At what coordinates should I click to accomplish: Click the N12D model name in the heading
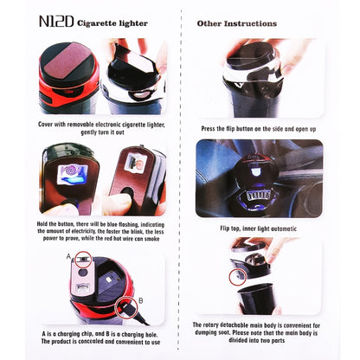click(x=56, y=22)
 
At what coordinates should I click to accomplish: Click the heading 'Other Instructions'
click(x=237, y=23)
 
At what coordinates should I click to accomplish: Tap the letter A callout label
click(x=68, y=256)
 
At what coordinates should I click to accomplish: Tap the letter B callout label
click(x=141, y=300)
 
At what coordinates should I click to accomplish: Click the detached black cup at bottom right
click(x=255, y=299)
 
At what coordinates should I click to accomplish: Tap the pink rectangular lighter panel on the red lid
click(x=67, y=61)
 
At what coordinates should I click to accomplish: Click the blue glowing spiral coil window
click(x=73, y=175)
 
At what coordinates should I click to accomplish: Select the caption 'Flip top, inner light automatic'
click(x=259, y=228)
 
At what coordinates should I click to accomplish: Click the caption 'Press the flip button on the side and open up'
click(x=259, y=129)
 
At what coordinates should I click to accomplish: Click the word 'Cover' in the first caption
click(x=45, y=125)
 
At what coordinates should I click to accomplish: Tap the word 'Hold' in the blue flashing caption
click(x=43, y=224)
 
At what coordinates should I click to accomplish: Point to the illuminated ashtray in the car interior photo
click(x=259, y=184)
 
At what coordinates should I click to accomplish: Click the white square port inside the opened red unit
click(x=109, y=280)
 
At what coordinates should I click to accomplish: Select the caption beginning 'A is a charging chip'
click(x=100, y=338)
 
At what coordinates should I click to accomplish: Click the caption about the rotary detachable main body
click(x=256, y=332)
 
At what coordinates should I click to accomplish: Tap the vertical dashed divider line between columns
click(x=181, y=179)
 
